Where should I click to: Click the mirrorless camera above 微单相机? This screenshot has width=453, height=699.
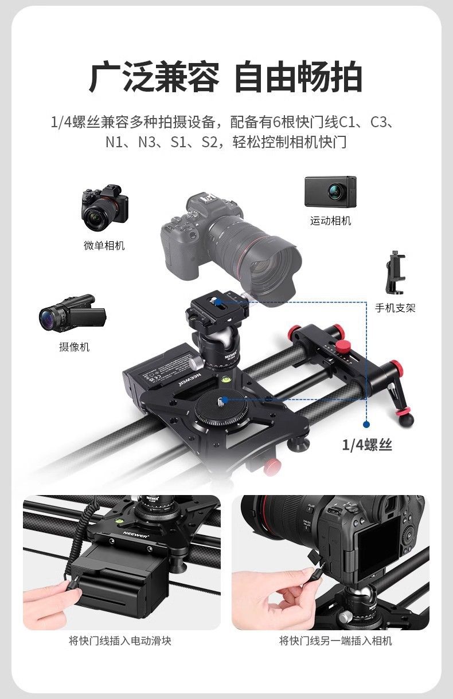tap(105, 207)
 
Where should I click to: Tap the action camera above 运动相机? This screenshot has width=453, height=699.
tap(330, 191)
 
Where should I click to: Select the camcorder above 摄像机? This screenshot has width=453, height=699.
tap(72, 313)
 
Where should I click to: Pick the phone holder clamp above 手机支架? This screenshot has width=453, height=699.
tap(396, 272)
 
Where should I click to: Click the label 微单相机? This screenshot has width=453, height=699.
tap(104, 245)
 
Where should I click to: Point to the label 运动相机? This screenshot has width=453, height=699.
tap(330, 221)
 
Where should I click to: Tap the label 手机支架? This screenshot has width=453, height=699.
tap(395, 308)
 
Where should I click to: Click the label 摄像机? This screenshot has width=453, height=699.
tap(75, 347)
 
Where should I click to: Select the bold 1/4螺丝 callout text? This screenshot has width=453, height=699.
tap(367, 445)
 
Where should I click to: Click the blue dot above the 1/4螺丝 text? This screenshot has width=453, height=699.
tap(367, 424)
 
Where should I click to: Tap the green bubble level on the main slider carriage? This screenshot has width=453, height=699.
tap(225, 379)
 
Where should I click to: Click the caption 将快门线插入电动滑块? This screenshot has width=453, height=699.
tap(120, 641)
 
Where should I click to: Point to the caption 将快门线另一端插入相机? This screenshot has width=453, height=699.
tap(335, 641)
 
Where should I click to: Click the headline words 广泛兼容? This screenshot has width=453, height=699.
tap(154, 77)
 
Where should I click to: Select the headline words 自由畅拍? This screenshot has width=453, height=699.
tap(298, 77)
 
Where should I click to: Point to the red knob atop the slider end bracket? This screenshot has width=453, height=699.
tap(343, 345)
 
